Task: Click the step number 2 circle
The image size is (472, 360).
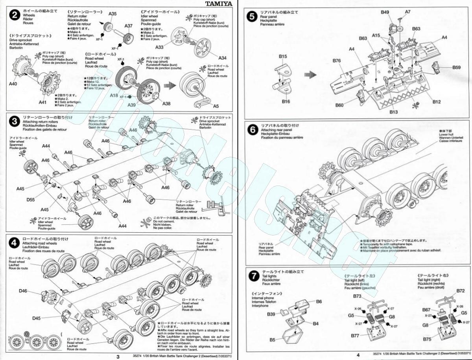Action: [x=15, y=15]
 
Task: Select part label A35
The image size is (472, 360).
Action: [x=112, y=14]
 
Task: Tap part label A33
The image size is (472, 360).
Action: [x=159, y=47]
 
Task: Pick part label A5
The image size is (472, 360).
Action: [x=216, y=106]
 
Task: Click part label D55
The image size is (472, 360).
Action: [x=31, y=200]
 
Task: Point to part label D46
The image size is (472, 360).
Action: [x=23, y=291]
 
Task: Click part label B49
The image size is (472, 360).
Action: [x=385, y=12]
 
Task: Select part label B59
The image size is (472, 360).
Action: [x=456, y=67]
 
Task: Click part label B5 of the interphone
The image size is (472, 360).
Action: [x=273, y=340]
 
